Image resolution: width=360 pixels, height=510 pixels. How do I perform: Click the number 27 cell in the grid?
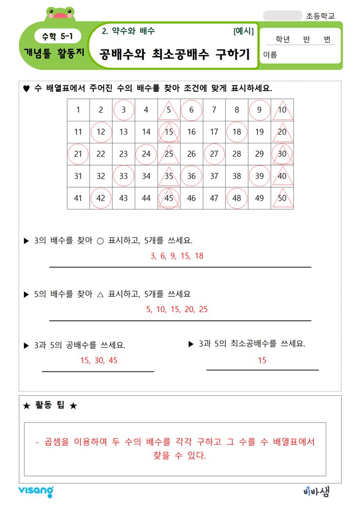pyautogui.click(x=214, y=154)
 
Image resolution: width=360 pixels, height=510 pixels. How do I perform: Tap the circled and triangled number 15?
pyautogui.click(x=169, y=132)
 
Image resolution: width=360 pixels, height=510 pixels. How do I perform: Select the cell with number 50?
pyautogui.click(x=282, y=198)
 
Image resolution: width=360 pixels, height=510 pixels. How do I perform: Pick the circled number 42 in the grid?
pyautogui.click(x=101, y=198)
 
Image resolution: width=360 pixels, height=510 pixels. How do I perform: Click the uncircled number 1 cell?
pyautogui.click(x=78, y=110)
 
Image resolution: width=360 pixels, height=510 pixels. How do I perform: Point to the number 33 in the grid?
pyautogui.click(x=123, y=176)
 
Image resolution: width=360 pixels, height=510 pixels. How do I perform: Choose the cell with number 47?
pyautogui.click(x=214, y=198)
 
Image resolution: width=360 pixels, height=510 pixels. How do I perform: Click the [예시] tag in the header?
pyautogui.click(x=243, y=31)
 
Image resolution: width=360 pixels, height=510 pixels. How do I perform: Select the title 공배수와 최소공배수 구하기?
pyautogui.click(x=173, y=54)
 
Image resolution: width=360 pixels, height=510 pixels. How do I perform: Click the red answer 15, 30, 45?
pyautogui.click(x=99, y=360)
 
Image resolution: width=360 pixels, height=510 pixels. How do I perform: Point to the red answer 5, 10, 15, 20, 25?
pyautogui.click(x=177, y=309)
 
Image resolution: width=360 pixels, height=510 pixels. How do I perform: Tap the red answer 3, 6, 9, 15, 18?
pyautogui.click(x=177, y=256)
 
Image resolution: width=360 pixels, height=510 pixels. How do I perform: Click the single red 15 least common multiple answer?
pyautogui.click(x=262, y=360)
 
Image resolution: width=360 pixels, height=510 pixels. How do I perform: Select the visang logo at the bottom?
pyautogui.click(x=36, y=491)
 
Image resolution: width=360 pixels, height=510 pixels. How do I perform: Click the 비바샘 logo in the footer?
pyautogui.click(x=316, y=491)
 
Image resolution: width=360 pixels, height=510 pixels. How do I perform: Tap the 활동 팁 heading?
pyautogui.click(x=50, y=405)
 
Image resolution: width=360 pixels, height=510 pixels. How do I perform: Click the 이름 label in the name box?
pyautogui.click(x=270, y=55)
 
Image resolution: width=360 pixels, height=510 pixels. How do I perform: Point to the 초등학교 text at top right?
pyautogui.click(x=321, y=16)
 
